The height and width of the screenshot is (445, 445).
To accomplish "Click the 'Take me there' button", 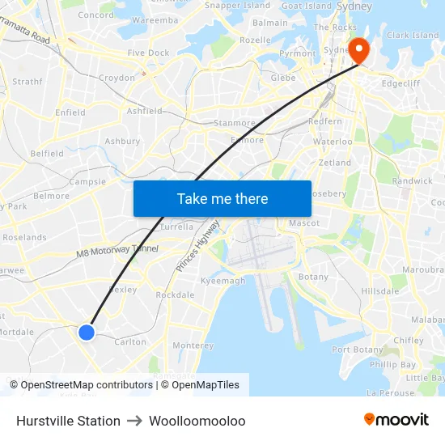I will (x=222, y=198).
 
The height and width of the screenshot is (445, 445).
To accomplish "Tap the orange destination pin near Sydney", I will (x=357, y=50).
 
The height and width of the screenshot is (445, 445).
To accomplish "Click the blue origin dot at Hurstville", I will (x=87, y=332).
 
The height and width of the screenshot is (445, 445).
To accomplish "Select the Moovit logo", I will (x=396, y=419).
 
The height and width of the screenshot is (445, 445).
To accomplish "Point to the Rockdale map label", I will (x=175, y=295).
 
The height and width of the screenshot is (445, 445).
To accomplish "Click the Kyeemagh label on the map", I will (x=222, y=281).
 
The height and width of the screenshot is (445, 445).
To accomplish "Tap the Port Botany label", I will (x=358, y=350).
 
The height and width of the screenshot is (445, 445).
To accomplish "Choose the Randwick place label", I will (x=413, y=181).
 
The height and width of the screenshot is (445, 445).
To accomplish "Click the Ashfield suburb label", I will (x=145, y=111).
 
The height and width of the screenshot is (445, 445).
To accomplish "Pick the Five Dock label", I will (x=148, y=53).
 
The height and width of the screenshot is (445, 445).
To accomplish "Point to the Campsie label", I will (x=87, y=182).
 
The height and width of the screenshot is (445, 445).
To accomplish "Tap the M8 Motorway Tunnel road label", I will (x=117, y=252).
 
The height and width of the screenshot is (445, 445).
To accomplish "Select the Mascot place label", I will (x=304, y=222).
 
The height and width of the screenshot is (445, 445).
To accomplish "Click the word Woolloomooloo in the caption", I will (x=197, y=421).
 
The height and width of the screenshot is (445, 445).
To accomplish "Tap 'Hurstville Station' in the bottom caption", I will (x=68, y=421).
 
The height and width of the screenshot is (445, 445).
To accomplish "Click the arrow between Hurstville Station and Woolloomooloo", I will (x=134, y=421).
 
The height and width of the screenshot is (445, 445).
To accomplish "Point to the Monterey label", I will (x=193, y=345).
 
